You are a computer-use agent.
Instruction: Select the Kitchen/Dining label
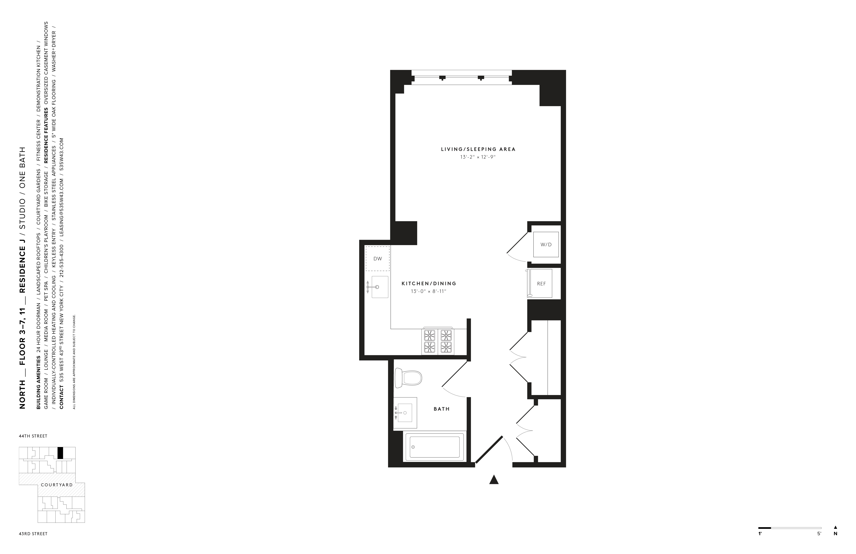[429, 284]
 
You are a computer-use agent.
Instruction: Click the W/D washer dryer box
[546, 245]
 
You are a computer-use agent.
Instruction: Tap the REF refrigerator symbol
[541, 284]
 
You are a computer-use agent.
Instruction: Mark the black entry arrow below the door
[494, 479]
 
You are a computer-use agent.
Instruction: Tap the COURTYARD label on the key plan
[56, 485]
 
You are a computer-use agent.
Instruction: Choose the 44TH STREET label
[33, 436]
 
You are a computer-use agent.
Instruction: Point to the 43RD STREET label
[33, 534]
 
